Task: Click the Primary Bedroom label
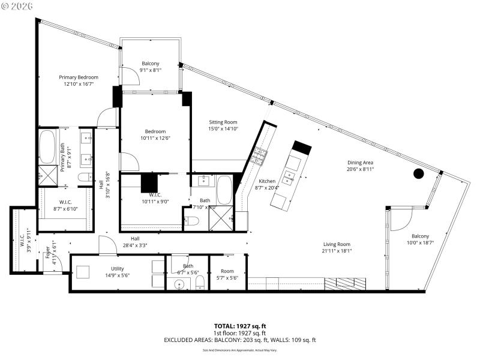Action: (78, 77)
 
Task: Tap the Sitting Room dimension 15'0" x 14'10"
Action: (223, 128)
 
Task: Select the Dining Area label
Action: (360, 163)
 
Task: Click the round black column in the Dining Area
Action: (419, 174)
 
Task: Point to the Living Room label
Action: (337, 244)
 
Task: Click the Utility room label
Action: (117, 269)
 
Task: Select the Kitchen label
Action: (267, 181)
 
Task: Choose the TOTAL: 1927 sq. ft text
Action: (239, 326)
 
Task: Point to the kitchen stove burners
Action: (260, 156)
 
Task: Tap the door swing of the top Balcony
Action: (127, 75)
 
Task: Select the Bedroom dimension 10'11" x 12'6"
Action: (155, 139)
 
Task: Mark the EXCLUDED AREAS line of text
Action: (239, 340)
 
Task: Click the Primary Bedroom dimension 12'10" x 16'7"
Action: (78, 84)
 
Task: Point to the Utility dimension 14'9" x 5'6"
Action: (117, 275)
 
